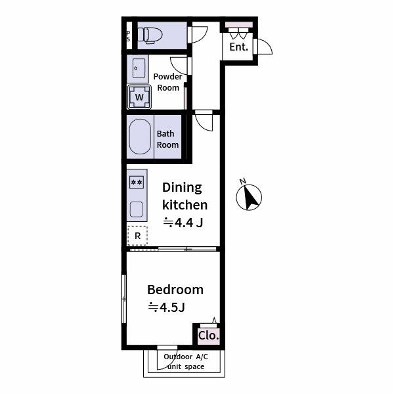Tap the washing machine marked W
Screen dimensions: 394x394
(x=139, y=97)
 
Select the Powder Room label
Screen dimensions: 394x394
(x=168, y=81)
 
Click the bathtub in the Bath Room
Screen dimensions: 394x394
(x=139, y=138)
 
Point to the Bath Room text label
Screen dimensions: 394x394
(x=167, y=139)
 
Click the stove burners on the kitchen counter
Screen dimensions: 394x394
(x=137, y=182)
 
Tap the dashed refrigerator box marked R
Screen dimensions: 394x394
(x=138, y=234)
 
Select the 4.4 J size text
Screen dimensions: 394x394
(x=183, y=222)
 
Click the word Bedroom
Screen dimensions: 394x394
(x=175, y=290)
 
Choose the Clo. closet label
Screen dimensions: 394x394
(x=209, y=336)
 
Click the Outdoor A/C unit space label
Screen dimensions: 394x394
(x=185, y=361)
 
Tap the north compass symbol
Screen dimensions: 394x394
(x=249, y=196)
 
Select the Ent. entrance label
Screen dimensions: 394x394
(x=239, y=47)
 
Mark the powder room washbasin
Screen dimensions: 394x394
(x=137, y=68)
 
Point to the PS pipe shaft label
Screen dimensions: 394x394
(x=128, y=35)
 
